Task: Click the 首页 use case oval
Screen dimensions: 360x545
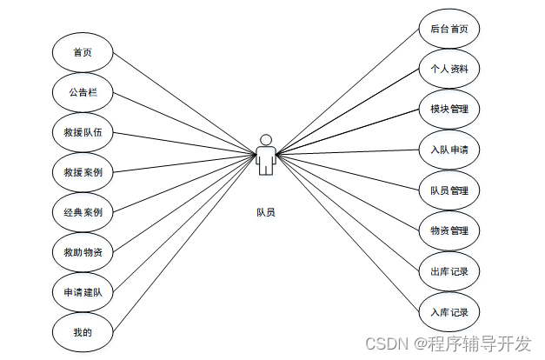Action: coord(83,52)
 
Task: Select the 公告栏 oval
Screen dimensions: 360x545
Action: coord(83,92)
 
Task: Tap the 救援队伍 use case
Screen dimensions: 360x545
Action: coord(83,132)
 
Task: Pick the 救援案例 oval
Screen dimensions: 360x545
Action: coord(83,172)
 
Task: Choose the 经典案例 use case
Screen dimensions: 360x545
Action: coord(83,212)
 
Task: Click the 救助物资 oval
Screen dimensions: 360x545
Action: coord(83,252)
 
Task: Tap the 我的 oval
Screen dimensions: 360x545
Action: coord(83,331)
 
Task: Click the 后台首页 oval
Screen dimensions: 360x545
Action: coord(449,29)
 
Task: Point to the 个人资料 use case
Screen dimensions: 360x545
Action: coord(449,69)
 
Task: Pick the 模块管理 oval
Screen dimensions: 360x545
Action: coord(449,110)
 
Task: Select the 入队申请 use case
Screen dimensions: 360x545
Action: coord(449,150)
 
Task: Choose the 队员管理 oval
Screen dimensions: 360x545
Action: coord(449,190)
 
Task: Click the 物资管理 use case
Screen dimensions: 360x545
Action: coord(449,230)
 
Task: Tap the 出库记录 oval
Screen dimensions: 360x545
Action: coord(449,271)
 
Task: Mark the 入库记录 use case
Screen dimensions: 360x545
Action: coord(449,311)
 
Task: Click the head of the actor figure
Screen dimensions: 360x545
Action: coord(267,139)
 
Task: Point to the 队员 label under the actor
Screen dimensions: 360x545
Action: coord(266,212)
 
